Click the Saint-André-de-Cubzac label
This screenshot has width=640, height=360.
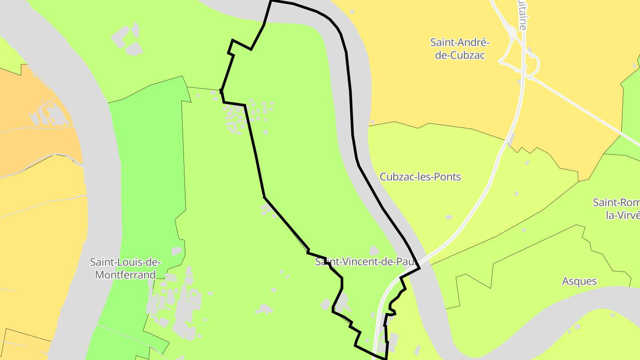(x=460, y=49)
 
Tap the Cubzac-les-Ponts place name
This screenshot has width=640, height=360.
(x=420, y=177)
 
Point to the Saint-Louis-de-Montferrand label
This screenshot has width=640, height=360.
(x=125, y=268)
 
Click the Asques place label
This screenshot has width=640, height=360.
(x=579, y=281)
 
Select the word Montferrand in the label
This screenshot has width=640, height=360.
(x=125, y=275)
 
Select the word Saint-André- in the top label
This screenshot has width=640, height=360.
(x=460, y=43)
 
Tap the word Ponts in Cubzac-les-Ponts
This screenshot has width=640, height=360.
(x=449, y=177)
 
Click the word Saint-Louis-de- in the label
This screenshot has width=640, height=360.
(x=125, y=262)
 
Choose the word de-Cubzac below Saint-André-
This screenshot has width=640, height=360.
(x=460, y=56)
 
